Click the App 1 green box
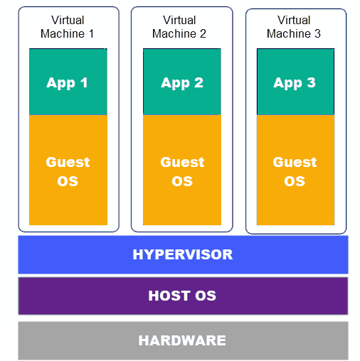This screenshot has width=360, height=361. click(x=68, y=82)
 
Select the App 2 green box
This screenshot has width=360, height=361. click(x=182, y=82)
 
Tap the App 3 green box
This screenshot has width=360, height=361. click(x=295, y=82)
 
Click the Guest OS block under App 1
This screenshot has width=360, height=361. click(x=68, y=171)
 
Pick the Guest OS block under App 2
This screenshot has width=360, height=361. click(x=182, y=171)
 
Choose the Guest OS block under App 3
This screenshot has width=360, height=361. click(x=295, y=171)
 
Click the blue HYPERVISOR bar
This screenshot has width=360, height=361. click(x=183, y=254)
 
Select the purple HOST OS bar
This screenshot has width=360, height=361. click(x=183, y=296)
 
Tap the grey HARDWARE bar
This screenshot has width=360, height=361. click(x=183, y=340)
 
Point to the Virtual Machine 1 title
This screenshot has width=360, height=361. click(x=68, y=27)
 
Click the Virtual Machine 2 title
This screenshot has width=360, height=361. click(x=179, y=27)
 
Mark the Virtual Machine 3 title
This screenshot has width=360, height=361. click(x=294, y=27)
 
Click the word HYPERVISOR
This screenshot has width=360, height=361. click(x=183, y=254)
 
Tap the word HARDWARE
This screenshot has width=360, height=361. click(x=182, y=340)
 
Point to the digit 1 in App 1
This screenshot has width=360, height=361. click(x=84, y=82)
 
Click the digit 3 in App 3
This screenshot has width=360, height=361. click(x=311, y=82)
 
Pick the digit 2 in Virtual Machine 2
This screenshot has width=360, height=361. click(x=203, y=34)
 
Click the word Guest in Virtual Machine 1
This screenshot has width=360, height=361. click(x=68, y=162)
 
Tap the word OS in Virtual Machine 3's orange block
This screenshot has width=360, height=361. click(x=295, y=180)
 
